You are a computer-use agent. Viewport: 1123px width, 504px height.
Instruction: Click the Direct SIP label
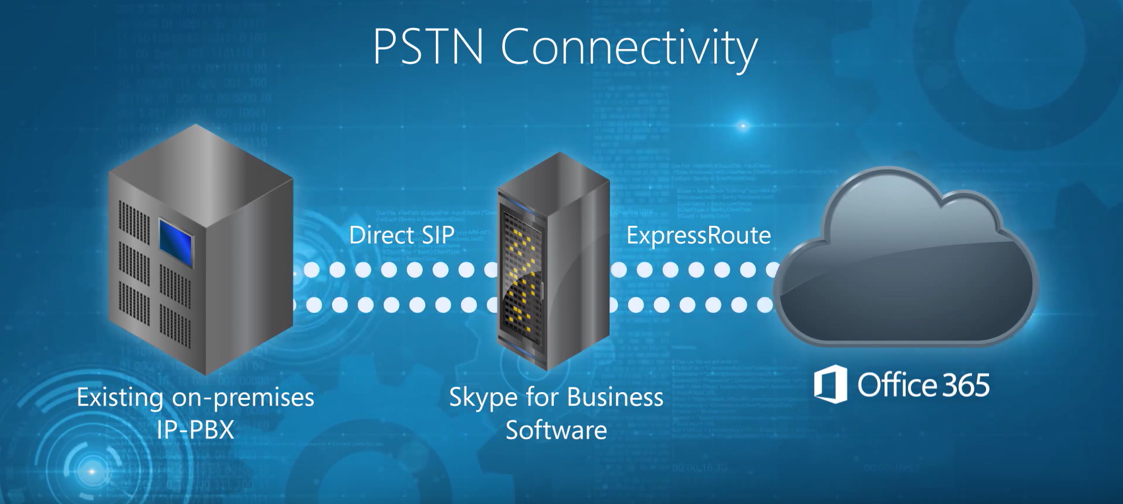pyautogui.click(x=402, y=235)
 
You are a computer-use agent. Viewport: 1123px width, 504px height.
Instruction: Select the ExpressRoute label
pyautogui.click(x=698, y=235)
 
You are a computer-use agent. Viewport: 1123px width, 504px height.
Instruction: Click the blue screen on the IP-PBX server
pyautogui.click(x=175, y=240)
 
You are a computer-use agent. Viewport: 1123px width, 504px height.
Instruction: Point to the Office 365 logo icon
pyautogui.click(x=830, y=383)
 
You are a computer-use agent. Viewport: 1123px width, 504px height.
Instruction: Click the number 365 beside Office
pyautogui.click(x=965, y=385)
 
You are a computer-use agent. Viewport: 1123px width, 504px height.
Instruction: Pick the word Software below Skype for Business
pyautogui.click(x=556, y=430)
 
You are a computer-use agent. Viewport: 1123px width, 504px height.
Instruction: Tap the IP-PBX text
pyautogui.click(x=195, y=430)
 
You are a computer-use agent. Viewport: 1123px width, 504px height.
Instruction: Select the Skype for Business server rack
pyautogui.click(x=554, y=264)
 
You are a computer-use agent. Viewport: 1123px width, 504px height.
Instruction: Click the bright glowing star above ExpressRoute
pyautogui.click(x=743, y=125)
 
